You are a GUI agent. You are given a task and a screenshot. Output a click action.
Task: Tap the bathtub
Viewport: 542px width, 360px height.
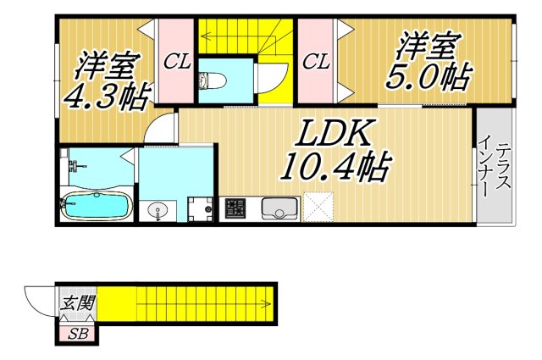(x=95, y=204)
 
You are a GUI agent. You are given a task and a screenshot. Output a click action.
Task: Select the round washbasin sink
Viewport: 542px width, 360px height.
(x=155, y=209)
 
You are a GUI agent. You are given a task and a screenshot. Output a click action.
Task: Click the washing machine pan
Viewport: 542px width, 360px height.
(x=200, y=208)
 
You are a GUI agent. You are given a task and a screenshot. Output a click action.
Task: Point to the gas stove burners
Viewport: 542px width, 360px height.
(x=233, y=208)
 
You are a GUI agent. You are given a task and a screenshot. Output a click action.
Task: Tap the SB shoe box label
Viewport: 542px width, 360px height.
(x=78, y=334)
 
